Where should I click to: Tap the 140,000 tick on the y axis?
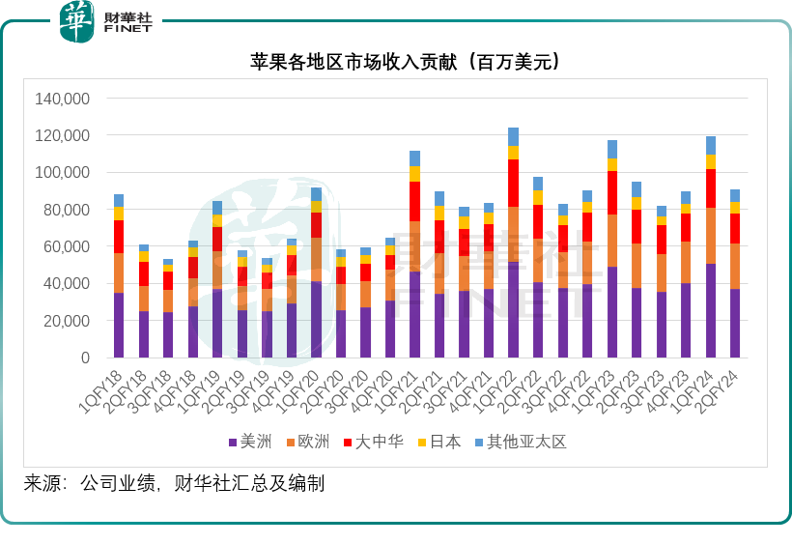point(62,99)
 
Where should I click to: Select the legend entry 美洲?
point(252,442)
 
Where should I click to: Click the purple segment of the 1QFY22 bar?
point(513,309)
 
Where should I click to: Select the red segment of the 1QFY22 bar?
point(513,183)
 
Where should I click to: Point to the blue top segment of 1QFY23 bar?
point(612,149)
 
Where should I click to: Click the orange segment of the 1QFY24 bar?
point(711,236)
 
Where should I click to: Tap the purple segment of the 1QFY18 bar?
point(119,325)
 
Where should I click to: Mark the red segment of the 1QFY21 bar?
point(414,201)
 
